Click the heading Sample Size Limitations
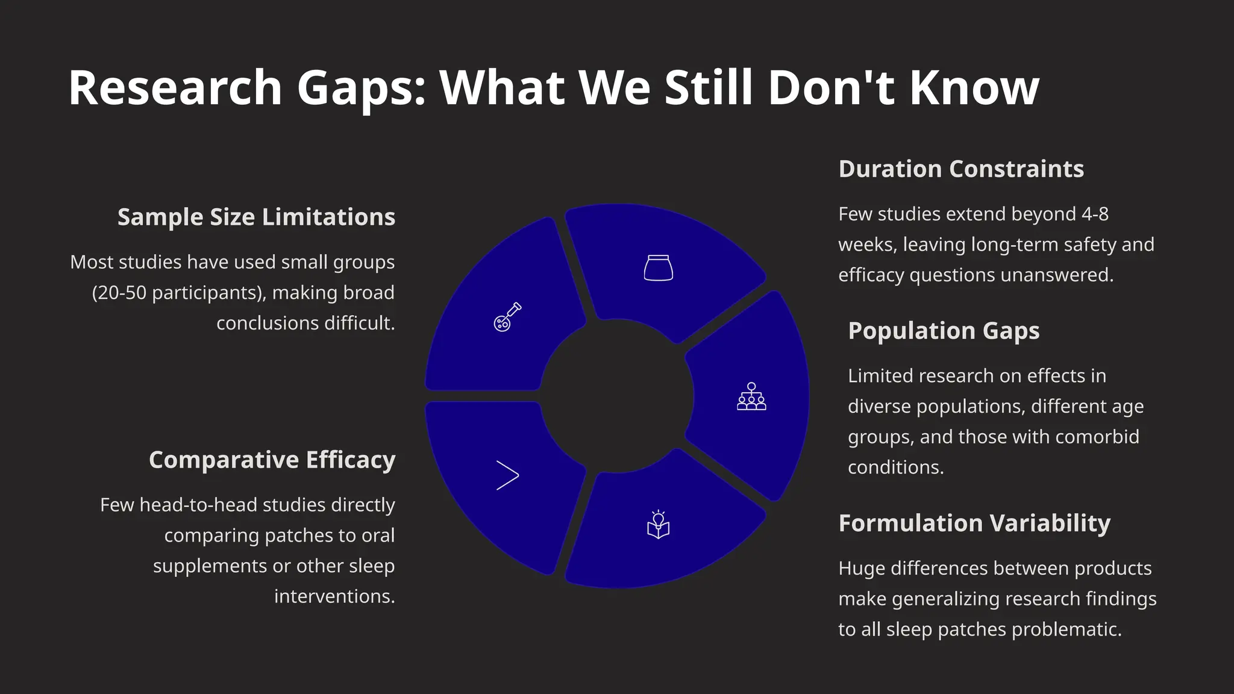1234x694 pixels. point(256,217)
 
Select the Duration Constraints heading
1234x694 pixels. point(961,169)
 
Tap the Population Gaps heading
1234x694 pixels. point(944,331)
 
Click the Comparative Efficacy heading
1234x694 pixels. point(272,460)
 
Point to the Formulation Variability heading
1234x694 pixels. point(974,524)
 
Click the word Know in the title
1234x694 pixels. point(974,88)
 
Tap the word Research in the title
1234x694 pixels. point(175,88)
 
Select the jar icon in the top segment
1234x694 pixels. point(658,268)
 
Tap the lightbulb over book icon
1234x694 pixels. point(658,525)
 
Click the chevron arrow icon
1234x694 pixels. point(507,475)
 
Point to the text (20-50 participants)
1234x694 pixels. point(178,293)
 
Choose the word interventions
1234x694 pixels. point(334,596)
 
